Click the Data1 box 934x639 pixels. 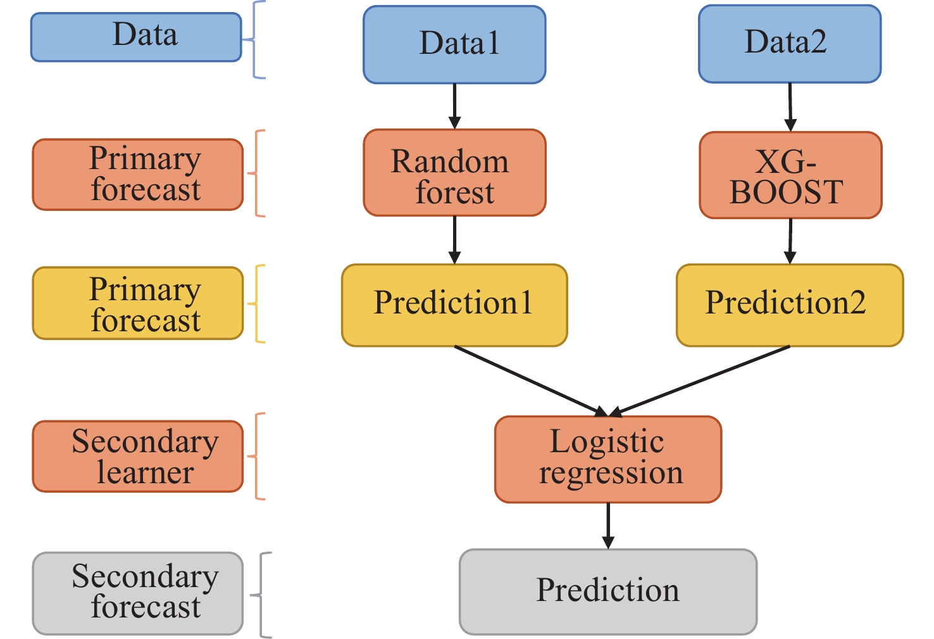[x=454, y=45]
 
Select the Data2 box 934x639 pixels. [x=790, y=44]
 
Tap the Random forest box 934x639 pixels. [x=454, y=173]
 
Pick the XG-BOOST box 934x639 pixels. [x=790, y=175]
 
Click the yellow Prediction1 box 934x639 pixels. [x=454, y=305]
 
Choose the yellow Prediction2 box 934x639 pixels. [x=790, y=305]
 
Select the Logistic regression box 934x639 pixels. [x=608, y=460]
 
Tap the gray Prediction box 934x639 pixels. [x=608, y=592]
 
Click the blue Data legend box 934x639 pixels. [x=136, y=37]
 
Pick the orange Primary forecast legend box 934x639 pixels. [x=138, y=174]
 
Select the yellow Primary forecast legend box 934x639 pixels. [x=138, y=303]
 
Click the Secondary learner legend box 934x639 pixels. [x=138, y=456]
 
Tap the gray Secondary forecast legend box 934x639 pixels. [x=138, y=593]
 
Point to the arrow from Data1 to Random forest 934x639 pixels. [x=454, y=106]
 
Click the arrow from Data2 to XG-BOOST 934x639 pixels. [x=790, y=107]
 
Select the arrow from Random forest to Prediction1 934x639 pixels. [x=454, y=240]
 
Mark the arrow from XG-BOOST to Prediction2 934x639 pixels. [x=790, y=241]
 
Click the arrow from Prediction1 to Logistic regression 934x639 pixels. [x=532, y=381]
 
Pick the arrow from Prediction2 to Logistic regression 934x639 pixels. [x=699, y=381]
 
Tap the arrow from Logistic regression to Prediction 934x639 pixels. [x=608, y=526]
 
